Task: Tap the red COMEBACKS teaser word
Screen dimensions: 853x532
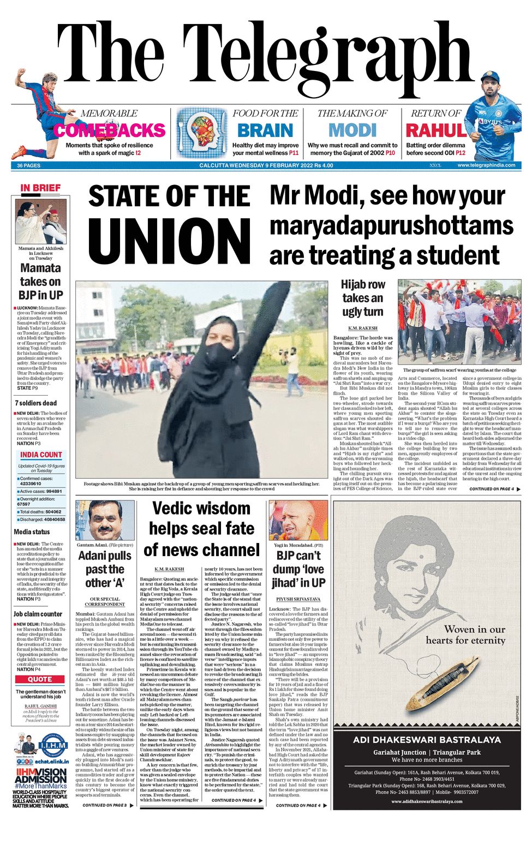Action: pyautogui.click(x=109, y=130)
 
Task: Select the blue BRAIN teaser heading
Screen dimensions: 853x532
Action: pyautogui.click(x=265, y=130)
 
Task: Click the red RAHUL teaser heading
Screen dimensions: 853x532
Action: pyautogui.click(x=435, y=130)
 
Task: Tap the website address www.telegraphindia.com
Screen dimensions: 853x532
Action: pyautogui.click(x=486, y=165)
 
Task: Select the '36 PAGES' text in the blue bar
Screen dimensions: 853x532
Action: pyautogui.click(x=28, y=165)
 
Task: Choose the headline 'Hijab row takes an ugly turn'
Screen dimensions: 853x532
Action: pyautogui.click(x=363, y=298)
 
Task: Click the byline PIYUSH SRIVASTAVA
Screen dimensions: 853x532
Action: pyautogui.click(x=298, y=599)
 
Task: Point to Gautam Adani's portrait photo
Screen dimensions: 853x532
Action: pyautogui.click(x=105, y=520)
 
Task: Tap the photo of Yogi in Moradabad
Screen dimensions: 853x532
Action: pyautogui.click(x=298, y=520)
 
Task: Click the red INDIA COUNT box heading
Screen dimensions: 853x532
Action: pyautogui.click(x=41, y=455)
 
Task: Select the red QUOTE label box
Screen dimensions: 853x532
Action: pyautogui.click(x=40, y=679)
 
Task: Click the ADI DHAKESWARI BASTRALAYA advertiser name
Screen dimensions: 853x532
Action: pyautogui.click(x=427, y=739)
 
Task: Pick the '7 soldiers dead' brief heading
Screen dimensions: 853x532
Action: pyautogui.click(x=35, y=403)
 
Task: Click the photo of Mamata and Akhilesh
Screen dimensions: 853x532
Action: pyautogui.click(x=41, y=222)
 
